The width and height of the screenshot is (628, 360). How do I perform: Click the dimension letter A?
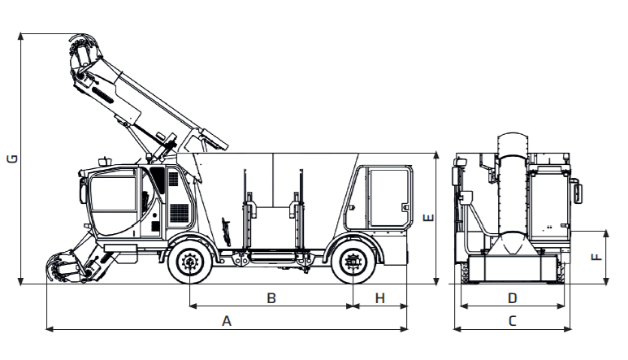227,321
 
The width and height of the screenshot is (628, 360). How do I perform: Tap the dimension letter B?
271,298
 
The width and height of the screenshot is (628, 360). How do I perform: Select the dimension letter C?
513,321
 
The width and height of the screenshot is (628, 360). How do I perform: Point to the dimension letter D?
513,298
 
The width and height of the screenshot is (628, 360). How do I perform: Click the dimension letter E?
428,218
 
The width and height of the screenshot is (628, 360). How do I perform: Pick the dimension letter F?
597,256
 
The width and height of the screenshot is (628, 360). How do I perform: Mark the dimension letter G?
12,158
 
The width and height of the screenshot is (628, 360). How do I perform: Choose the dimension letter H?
379,298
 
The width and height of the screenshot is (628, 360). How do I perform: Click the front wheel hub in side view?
189,262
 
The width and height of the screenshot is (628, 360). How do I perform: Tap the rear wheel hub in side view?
353,262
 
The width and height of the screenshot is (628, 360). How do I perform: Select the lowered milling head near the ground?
68,267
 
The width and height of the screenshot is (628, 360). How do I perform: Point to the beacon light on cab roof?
104,161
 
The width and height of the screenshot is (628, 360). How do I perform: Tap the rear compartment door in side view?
389,198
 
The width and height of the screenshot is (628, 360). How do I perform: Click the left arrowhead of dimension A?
50,329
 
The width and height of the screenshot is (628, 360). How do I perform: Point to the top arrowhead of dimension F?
606,234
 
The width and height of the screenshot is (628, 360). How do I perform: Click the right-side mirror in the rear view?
577,193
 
